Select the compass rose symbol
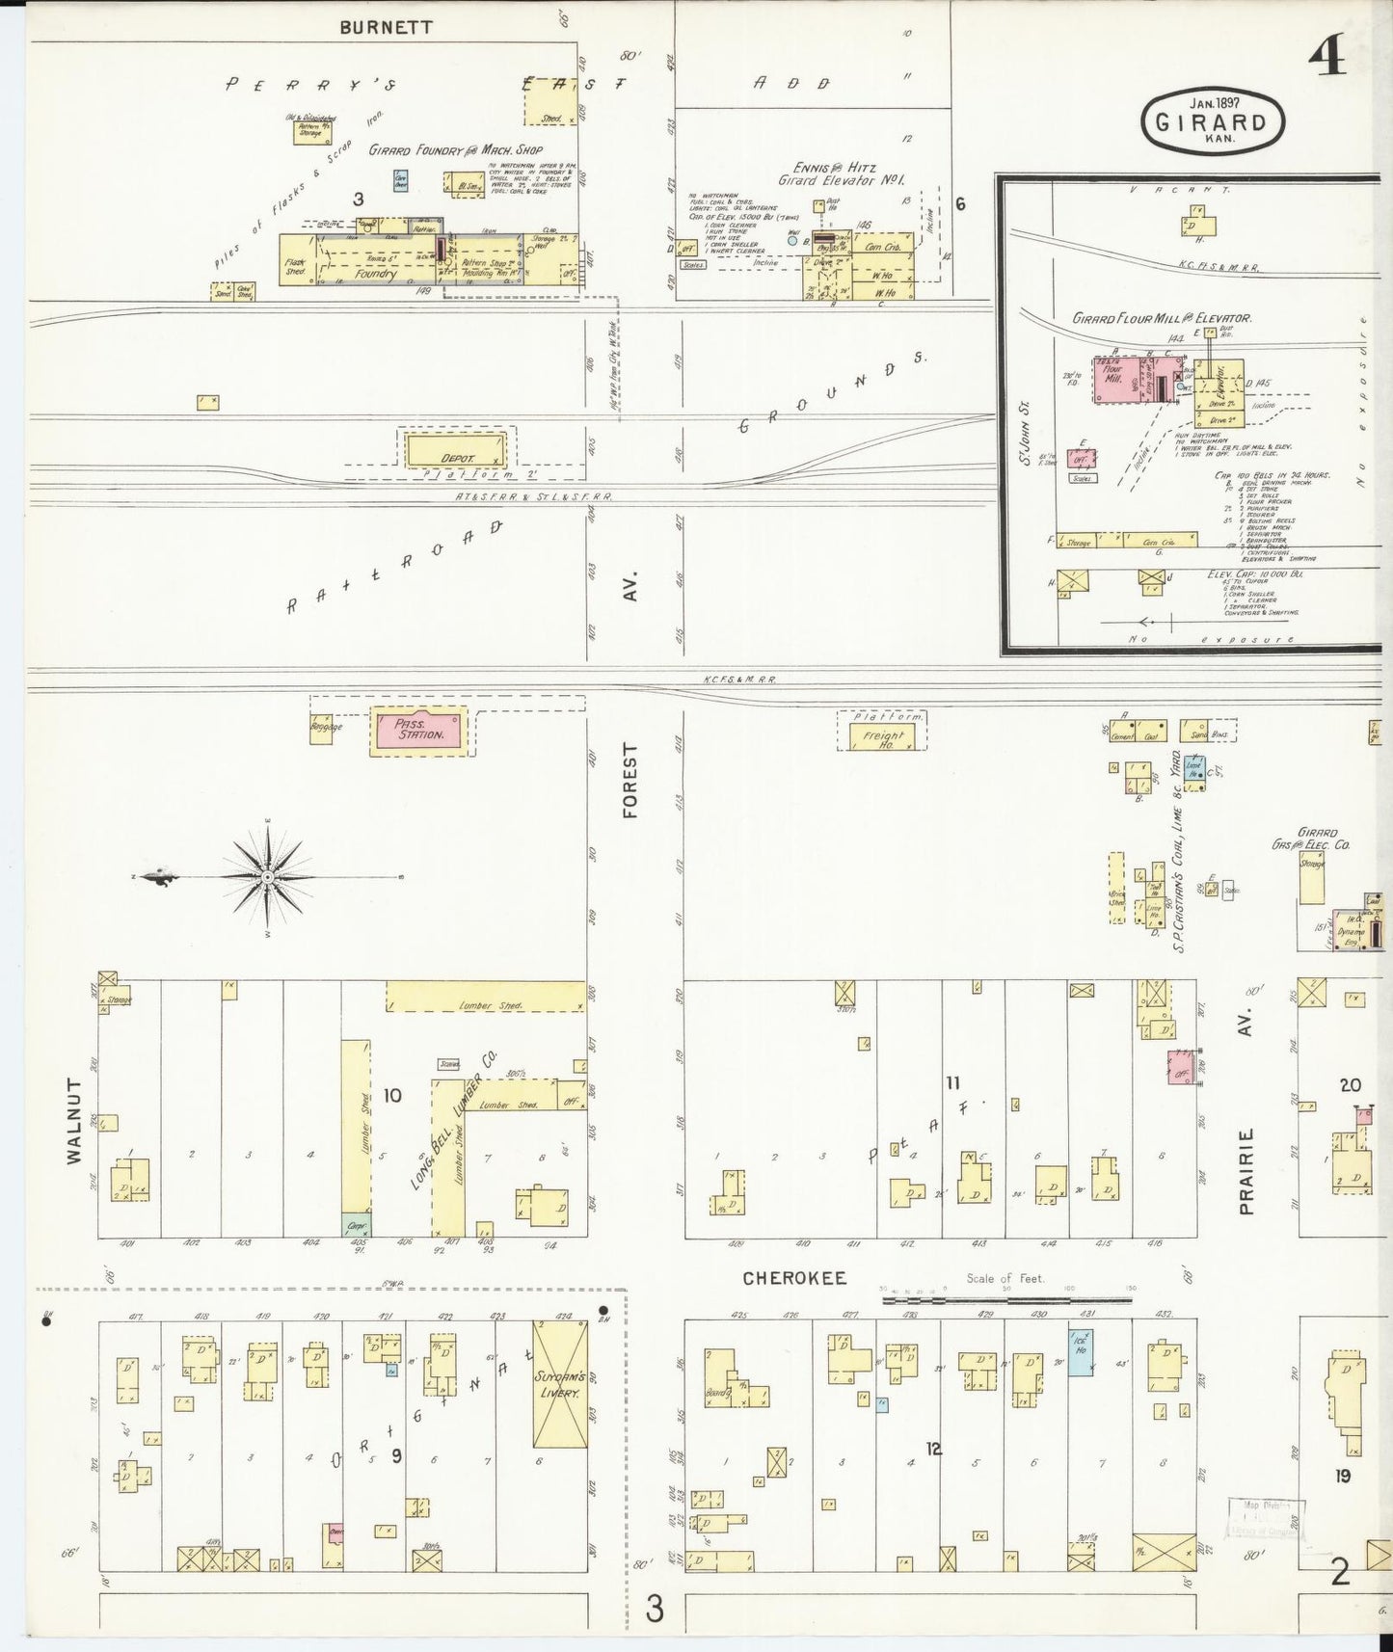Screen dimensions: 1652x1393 (x=267, y=876)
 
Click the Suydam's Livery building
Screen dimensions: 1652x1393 (x=559, y=1385)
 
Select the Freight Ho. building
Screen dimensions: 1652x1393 (x=881, y=736)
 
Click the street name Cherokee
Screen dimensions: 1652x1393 (x=794, y=1278)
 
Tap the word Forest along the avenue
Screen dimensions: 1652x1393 (x=630, y=780)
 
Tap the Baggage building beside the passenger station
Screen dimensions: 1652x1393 (x=321, y=728)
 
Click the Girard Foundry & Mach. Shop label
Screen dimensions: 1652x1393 (x=456, y=150)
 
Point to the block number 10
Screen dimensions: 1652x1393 (x=392, y=1095)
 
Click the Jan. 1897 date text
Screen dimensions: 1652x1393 (x=1214, y=102)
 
